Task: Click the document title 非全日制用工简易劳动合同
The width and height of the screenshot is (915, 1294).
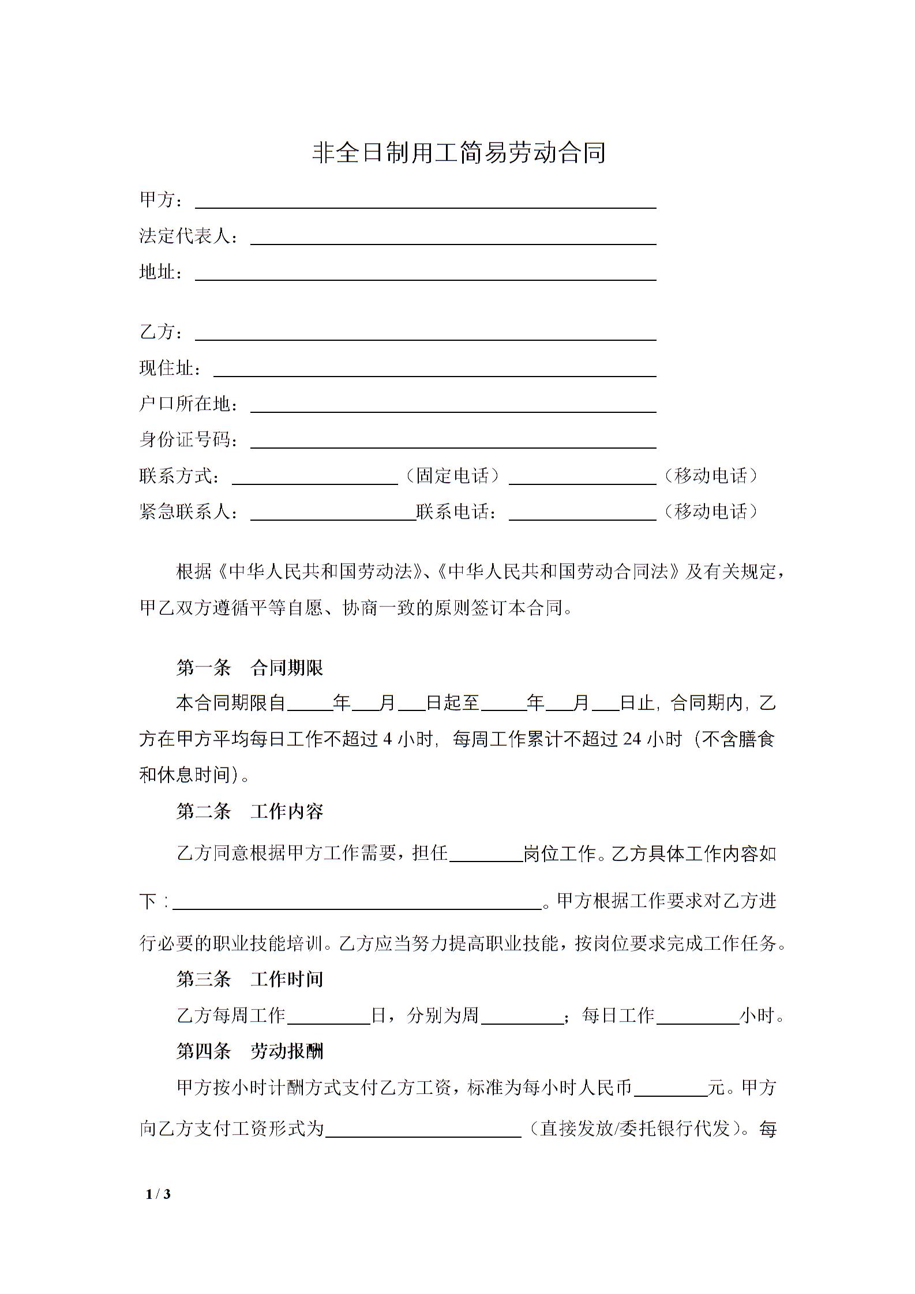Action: (458, 153)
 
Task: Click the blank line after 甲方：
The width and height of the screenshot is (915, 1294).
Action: (426, 202)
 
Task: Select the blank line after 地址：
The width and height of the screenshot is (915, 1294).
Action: (426, 274)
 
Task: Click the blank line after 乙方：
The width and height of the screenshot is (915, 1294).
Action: (426, 334)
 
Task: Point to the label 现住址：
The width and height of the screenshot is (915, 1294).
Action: (170, 368)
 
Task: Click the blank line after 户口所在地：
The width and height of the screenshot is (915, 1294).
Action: (453, 406)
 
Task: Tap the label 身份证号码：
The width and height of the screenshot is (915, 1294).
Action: (189, 441)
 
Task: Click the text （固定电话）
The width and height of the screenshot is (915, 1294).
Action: (453, 476)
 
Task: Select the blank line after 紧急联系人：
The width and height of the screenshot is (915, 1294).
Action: (333, 514)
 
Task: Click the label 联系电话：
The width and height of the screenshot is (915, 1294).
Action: (456, 512)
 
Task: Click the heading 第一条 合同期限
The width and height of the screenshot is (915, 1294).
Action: (249, 668)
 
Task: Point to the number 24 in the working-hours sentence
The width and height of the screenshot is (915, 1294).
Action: (632, 739)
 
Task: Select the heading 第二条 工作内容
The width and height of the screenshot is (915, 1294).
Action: (249, 812)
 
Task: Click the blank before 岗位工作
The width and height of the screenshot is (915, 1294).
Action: (486, 854)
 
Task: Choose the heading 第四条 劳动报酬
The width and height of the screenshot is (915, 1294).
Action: (249, 1052)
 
